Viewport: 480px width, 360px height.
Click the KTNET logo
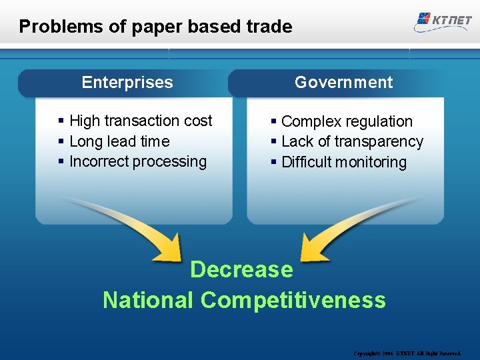tap(443, 19)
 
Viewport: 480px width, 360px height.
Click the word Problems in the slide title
tap(50, 27)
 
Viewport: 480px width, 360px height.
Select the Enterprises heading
tap(127, 83)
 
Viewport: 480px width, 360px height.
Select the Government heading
tap(343, 83)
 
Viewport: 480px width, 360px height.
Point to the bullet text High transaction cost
tap(141, 121)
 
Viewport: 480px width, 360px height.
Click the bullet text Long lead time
tap(119, 141)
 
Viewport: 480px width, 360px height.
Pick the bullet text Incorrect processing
tap(138, 161)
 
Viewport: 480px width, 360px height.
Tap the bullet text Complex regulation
tap(347, 121)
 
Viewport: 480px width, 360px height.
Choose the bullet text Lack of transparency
tap(352, 141)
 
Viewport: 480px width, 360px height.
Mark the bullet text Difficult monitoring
tap(344, 162)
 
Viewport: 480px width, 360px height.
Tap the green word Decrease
tap(241, 269)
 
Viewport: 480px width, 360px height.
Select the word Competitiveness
tap(293, 300)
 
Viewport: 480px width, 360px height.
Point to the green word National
tap(148, 300)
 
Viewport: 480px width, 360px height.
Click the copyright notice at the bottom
tap(407, 353)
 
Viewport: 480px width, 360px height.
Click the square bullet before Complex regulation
tap(274, 121)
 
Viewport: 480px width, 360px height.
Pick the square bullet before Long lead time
tap(61, 141)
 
